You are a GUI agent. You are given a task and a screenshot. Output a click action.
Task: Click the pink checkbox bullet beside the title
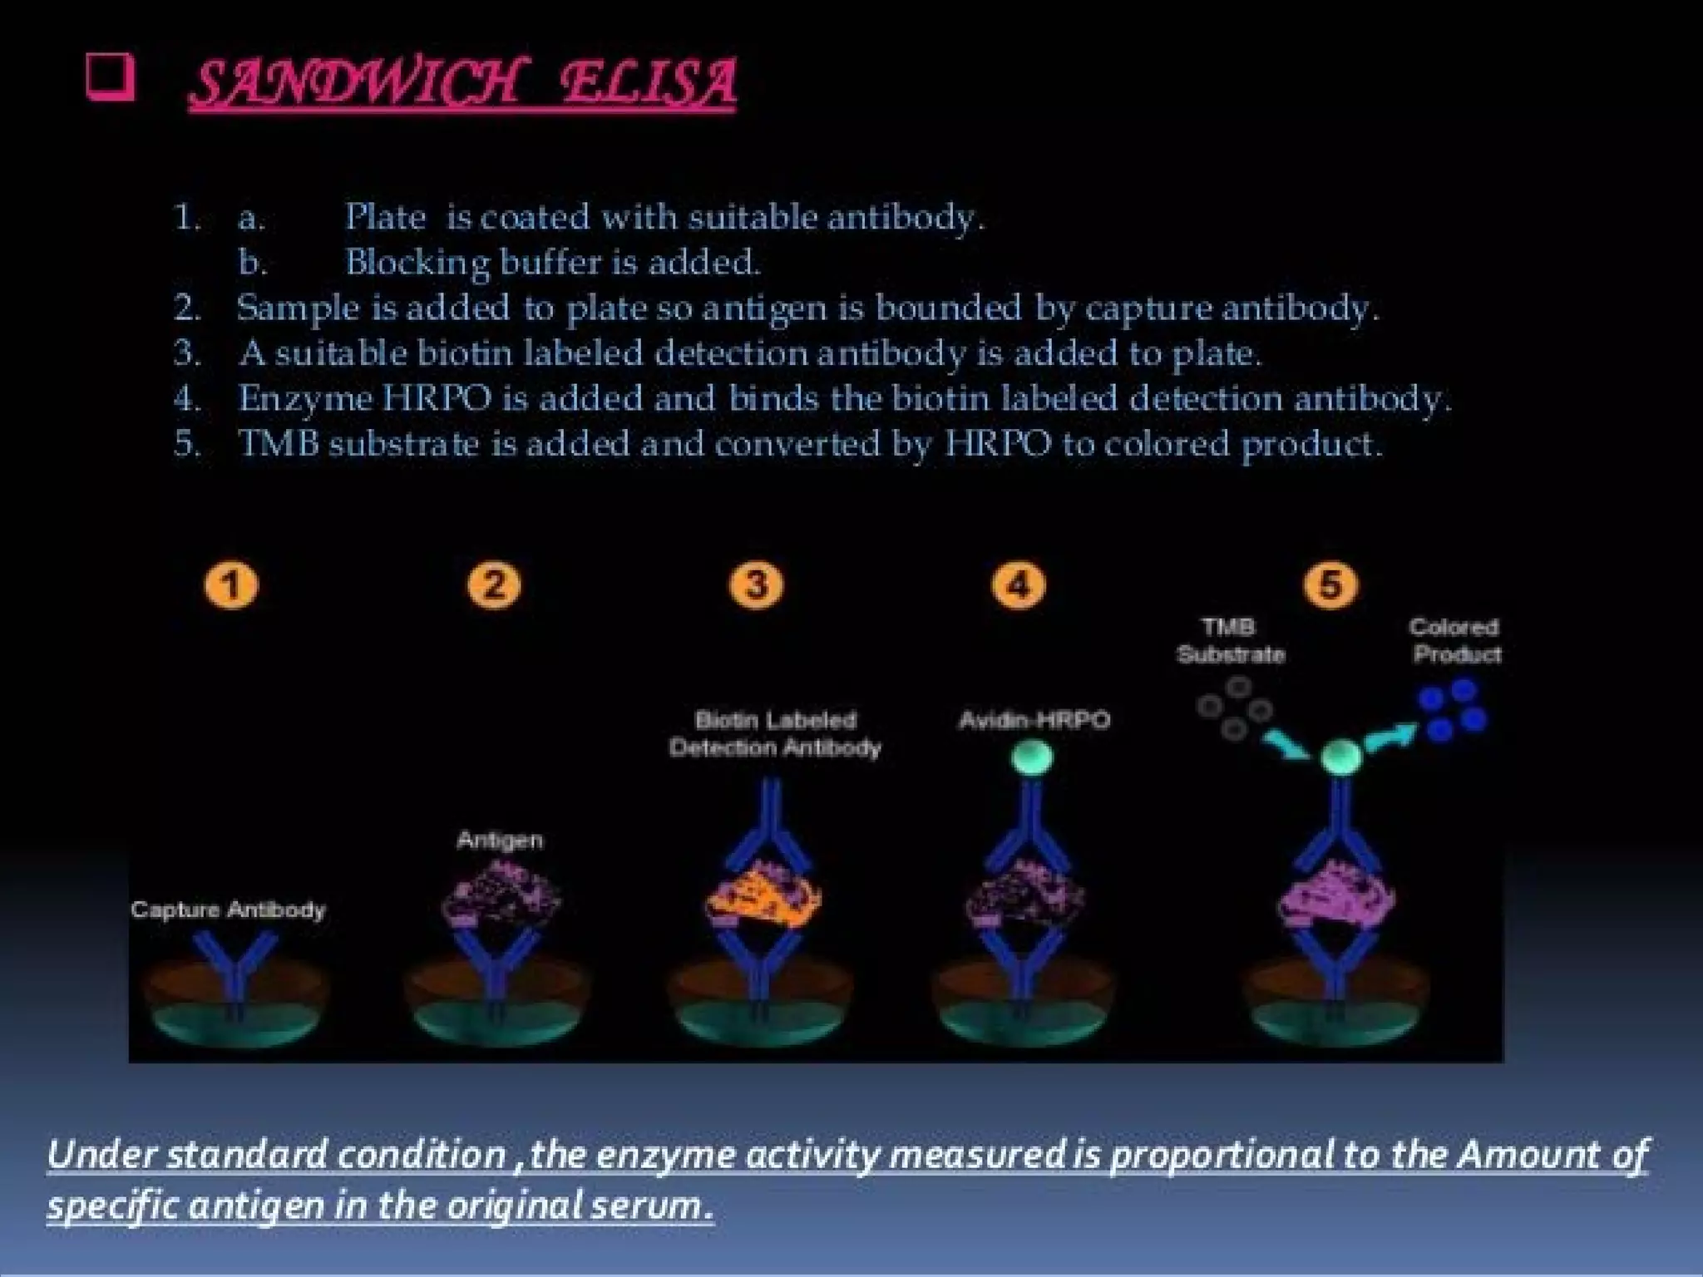110,79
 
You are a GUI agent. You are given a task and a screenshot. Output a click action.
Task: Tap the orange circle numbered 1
231,585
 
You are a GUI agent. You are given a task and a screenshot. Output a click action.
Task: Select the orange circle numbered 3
756,585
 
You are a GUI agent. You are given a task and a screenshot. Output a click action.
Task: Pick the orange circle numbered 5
1330,585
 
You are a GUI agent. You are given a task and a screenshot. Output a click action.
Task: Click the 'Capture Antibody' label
228,910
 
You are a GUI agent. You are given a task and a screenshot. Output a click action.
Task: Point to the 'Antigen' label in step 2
500,840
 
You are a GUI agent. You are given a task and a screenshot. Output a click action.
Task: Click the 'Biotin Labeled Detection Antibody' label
775,733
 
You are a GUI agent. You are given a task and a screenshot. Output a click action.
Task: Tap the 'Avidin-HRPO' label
1034,720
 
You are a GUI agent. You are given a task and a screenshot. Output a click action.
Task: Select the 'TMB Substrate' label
1231,640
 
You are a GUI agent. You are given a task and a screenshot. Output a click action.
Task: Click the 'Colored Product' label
1456,640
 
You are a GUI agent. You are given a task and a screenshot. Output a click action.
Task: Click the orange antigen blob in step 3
763,900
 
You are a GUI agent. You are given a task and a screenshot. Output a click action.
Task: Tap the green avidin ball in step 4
1033,757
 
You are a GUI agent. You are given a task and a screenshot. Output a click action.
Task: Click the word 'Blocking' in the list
417,263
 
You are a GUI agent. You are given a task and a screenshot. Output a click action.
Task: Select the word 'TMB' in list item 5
279,443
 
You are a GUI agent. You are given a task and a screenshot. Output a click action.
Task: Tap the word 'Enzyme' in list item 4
305,398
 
